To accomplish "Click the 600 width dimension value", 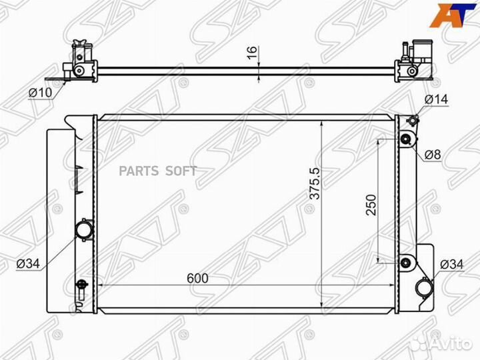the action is tap(197, 278).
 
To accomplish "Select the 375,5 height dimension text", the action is tap(315, 183).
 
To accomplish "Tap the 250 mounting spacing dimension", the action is tap(371, 205).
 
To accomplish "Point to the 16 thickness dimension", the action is tap(252, 53).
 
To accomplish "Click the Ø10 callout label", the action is tap(41, 92).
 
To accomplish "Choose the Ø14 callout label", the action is tap(436, 99).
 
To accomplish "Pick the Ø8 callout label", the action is tap(433, 155).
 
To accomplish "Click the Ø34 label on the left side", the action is tap(28, 263).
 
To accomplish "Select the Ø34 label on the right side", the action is tap(452, 264).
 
